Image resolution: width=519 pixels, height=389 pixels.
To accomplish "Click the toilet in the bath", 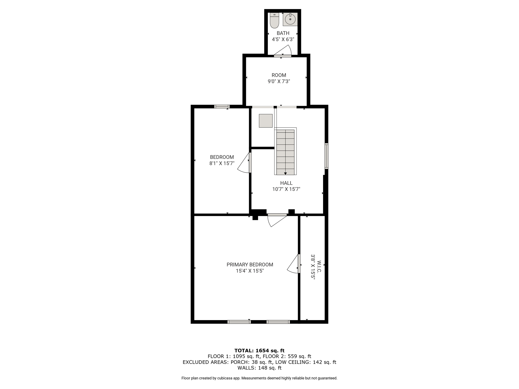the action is pos(274,20).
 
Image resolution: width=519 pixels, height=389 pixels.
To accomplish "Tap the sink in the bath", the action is pos(290,19).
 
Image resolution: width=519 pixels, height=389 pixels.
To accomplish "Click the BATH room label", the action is pos(283,33).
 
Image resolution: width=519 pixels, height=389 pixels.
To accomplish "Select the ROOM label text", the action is pos(279,75).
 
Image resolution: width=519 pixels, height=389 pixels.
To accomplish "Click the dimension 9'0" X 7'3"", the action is pos(279,82).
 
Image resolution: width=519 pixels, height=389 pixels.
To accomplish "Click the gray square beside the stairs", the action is pos(266,121).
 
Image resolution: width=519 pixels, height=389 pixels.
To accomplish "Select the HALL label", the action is pos(286,183).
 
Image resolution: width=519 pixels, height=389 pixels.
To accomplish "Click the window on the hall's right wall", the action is pos(327,156).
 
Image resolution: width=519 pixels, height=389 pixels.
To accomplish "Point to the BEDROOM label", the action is pos(222,157).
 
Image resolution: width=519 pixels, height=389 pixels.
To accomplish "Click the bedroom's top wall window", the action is pos(222,107).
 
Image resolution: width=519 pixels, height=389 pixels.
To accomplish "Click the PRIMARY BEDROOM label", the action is pos(250,265).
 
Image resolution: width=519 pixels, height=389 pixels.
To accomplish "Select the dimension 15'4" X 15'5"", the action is pos(250,271).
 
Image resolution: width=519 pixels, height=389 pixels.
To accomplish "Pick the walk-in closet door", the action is pos(294,264).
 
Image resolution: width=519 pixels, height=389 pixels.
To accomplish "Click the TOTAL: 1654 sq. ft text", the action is pos(259,351).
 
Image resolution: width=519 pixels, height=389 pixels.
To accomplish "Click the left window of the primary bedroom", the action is pos(239,322).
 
